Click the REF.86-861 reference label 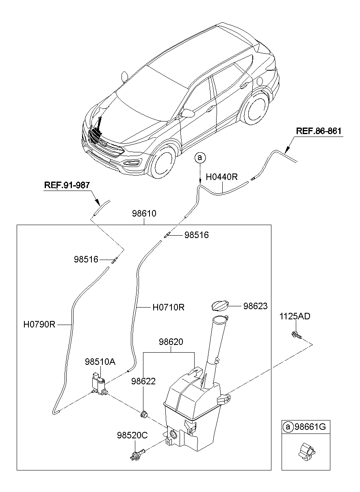point(319,131)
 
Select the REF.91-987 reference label point(67,185)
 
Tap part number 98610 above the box point(144,213)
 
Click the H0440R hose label point(221,177)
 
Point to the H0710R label point(169,307)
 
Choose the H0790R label point(39,325)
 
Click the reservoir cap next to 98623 point(220,306)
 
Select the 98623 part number point(255,306)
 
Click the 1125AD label point(295,316)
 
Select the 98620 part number point(171,342)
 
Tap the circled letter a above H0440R point(200,158)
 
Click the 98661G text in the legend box point(310,426)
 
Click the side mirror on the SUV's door point(187,113)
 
